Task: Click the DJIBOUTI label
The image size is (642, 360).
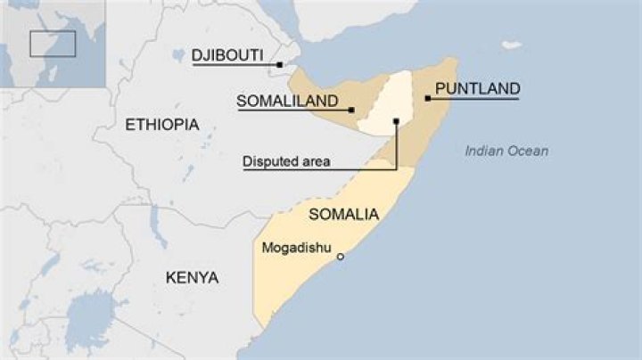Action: click(227, 55)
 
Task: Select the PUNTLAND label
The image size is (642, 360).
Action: click(477, 88)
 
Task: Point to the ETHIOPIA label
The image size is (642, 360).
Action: click(162, 124)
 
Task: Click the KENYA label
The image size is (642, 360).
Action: click(192, 278)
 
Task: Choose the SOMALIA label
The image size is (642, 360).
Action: click(343, 215)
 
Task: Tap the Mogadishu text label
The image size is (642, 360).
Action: click(297, 248)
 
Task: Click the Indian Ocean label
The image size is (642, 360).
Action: click(506, 151)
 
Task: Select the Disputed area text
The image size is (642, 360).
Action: click(286, 162)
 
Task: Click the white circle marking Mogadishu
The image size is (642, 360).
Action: click(340, 257)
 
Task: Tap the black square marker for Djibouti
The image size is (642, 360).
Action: click(279, 65)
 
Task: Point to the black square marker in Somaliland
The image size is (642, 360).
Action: click(352, 110)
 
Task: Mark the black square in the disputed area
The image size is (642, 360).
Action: click(395, 119)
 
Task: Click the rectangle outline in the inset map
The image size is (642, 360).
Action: click(53, 44)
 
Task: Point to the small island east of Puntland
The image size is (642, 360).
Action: click(511, 45)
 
